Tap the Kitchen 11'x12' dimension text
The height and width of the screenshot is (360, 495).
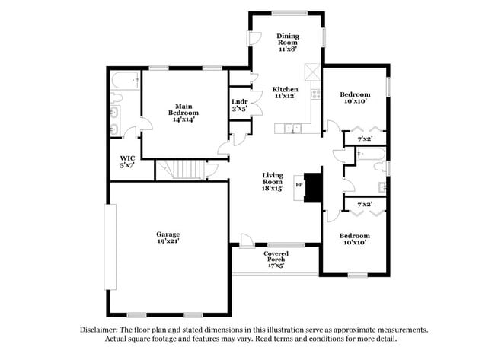(286, 97)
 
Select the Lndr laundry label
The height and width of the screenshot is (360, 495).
(239, 101)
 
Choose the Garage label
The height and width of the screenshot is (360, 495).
(168, 234)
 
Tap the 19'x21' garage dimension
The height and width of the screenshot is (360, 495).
(168, 241)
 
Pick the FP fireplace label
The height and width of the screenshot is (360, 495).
(299, 184)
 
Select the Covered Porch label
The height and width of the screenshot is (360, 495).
(276, 257)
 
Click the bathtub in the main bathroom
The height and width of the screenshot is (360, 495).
(123, 80)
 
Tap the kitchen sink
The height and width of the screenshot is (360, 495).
(294, 130)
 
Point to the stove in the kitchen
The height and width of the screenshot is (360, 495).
(315, 94)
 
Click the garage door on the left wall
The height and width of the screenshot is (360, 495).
(108, 246)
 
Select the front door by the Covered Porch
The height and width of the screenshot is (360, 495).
(247, 243)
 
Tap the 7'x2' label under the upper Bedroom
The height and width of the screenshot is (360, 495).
(365, 139)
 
